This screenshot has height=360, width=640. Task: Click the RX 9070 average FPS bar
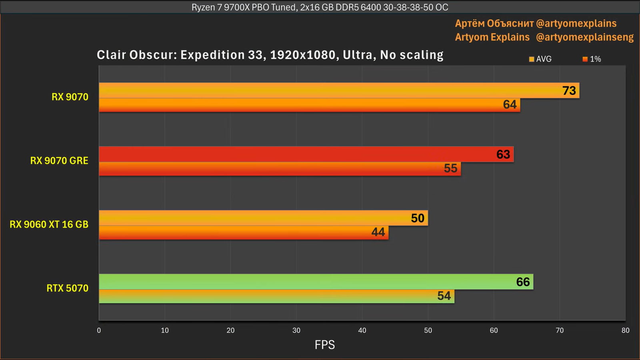coord(320,90)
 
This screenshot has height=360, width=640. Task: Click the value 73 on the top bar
coord(569,91)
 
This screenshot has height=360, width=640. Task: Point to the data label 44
coord(378,232)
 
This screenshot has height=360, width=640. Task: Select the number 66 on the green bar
coord(523,282)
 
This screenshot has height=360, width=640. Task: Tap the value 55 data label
coord(450,168)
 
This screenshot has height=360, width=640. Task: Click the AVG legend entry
coord(540,59)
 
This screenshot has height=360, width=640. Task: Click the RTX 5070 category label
coord(67,288)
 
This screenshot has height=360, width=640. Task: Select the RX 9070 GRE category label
coord(59,160)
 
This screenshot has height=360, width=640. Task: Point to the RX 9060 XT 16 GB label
coord(49,224)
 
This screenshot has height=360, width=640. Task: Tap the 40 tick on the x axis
coord(362,330)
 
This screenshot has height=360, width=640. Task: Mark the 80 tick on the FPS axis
coord(625,330)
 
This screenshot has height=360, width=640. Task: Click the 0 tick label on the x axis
coord(99,330)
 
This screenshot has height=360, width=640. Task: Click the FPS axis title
coord(324,345)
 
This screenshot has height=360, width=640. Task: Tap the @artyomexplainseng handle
coord(584,37)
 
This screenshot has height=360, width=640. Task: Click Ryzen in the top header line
coord(203,7)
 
